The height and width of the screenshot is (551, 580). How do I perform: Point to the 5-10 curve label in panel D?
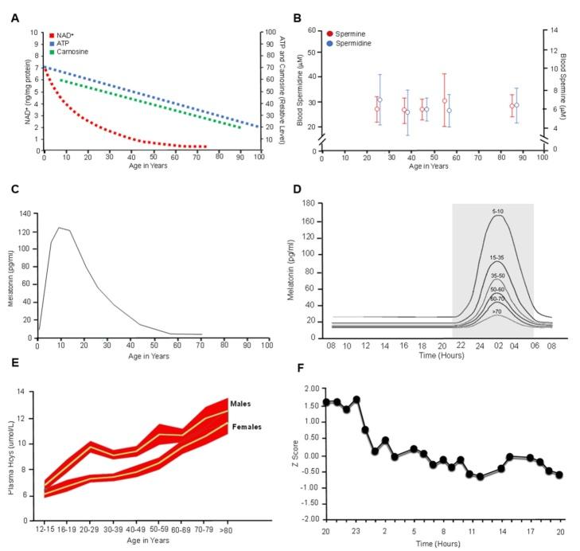[x=497, y=211]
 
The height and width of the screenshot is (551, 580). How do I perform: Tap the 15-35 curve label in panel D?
[x=497, y=257]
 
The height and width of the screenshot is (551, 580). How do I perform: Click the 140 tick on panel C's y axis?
[x=25, y=214]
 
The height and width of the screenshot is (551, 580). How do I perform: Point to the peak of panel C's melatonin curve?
[x=58, y=228]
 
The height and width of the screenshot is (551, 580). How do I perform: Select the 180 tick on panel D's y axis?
[x=311, y=203]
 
